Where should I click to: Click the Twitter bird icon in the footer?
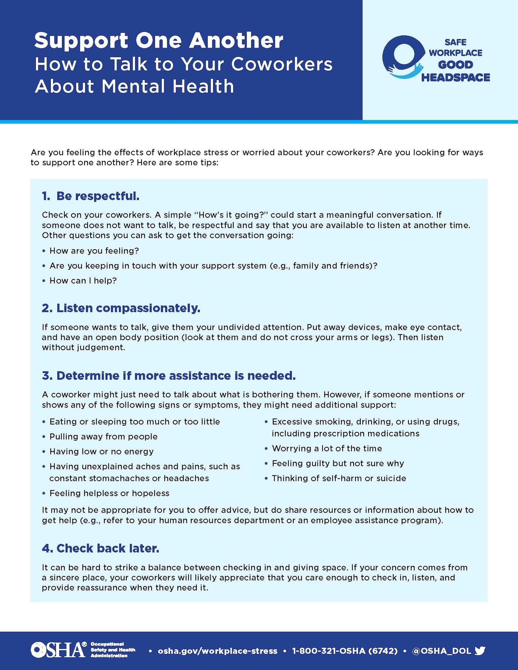tap(480, 651)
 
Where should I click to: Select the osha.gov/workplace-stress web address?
tap(218, 651)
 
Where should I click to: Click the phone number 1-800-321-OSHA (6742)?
tap(345, 651)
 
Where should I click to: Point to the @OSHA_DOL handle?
tap(441, 651)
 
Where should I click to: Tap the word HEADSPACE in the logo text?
tap(455, 77)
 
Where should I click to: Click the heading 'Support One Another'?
tap(159, 41)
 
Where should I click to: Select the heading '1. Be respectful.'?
tap(91, 196)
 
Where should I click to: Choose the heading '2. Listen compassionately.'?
tap(121, 308)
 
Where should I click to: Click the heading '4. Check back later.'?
tap(100, 548)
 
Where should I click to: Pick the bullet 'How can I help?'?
tap(83, 280)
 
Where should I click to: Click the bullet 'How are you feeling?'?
tap(94, 251)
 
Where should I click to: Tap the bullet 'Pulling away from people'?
tap(103, 437)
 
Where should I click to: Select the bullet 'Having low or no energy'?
tap(101, 451)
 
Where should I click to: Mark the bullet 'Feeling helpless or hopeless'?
tap(109, 493)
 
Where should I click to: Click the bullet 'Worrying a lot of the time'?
tap(327, 448)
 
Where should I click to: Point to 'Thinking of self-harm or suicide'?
tap(339, 478)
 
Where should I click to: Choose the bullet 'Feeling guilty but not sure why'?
tap(338, 463)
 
